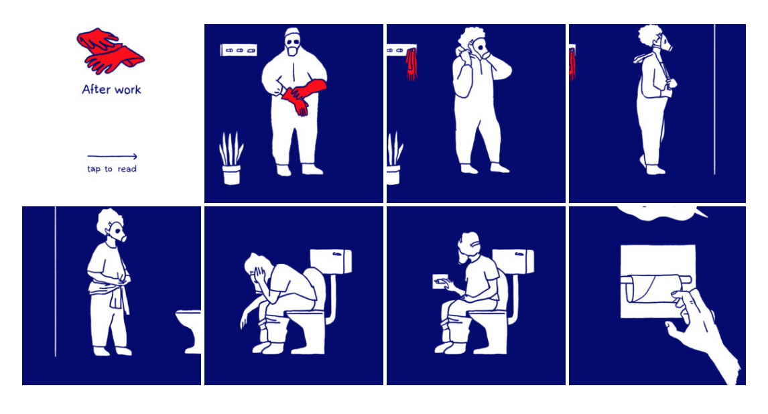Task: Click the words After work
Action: (111, 90)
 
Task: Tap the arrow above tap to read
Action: (112, 156)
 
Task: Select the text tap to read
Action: (112, 169)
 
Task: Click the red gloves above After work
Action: (110, 50)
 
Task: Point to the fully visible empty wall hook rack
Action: (239, 50)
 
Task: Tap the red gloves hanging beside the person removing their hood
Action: (411, 64)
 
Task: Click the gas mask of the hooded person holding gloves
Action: (293, 46)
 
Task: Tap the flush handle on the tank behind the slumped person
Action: (338, 255)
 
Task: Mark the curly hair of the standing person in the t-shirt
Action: (109, 221)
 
